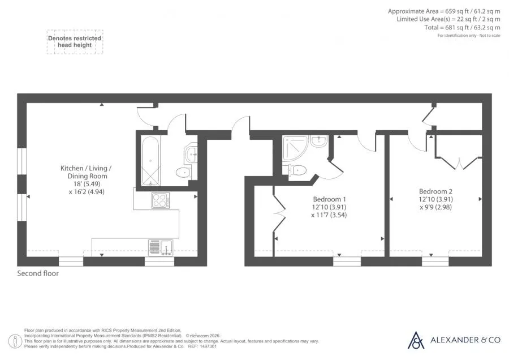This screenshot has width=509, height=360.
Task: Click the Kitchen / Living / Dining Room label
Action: [86, 172]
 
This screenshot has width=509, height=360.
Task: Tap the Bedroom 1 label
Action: [329, 199]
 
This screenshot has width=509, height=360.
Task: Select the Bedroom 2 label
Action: [435, 191]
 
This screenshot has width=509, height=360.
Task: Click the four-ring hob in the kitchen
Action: [161, 200]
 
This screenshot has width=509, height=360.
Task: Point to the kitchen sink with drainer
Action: [161, 247]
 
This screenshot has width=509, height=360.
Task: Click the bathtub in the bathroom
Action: [150, 161]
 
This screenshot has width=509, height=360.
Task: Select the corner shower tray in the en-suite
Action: [295, 148]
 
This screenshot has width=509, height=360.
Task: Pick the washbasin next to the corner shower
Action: [319, 142]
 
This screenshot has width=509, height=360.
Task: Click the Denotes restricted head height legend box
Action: [75, 42]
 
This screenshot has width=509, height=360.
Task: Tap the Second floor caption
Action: [38, 273]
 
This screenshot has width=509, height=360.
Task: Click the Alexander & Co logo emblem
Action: [416, 340]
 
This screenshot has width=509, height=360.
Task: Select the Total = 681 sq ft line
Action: [462, 27]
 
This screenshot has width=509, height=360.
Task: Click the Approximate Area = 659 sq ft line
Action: [444, 11]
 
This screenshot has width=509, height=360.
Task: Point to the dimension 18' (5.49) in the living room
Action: [87, 184]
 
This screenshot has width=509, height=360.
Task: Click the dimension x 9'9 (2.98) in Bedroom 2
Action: [435, 207]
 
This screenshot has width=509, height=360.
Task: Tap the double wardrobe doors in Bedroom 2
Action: [458, 162]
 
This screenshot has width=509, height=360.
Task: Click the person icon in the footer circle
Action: [15, 341]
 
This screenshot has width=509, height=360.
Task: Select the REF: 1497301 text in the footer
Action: [202, 346]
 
